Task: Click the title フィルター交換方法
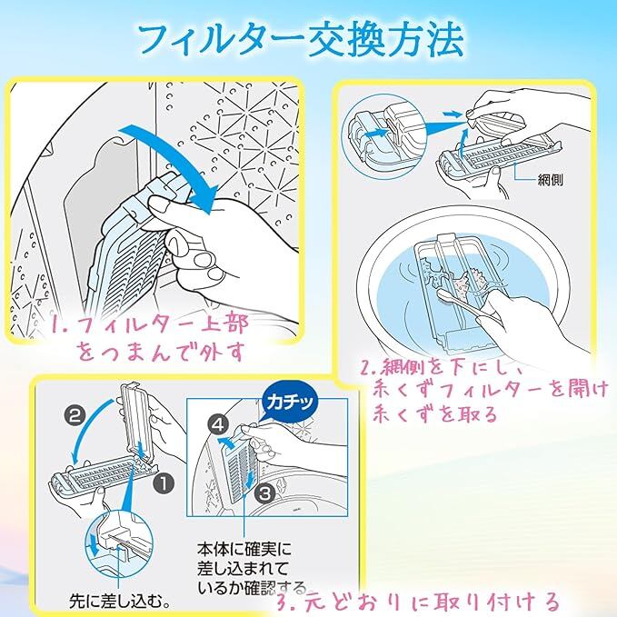tap(300, 38)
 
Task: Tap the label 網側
tap(551, 179)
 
